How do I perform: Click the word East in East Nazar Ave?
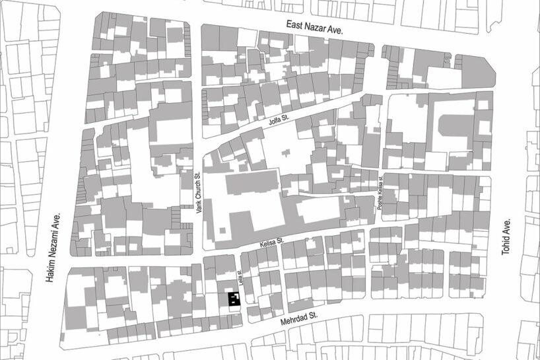point(296,25)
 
